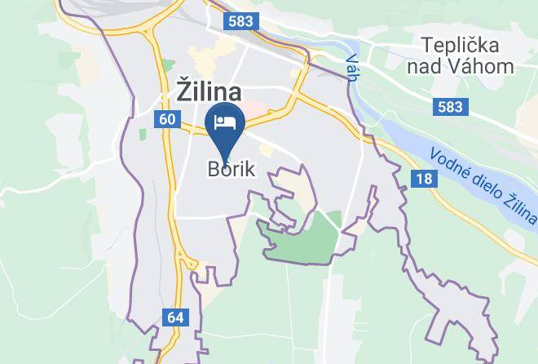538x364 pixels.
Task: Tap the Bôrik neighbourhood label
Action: [231, 170]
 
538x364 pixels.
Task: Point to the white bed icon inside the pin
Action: [226, 123]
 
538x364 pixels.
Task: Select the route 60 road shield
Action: [166, 120]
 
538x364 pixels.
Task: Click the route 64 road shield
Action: [175, 317]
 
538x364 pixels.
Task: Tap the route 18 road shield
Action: [422, 179]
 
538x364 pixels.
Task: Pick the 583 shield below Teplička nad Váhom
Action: [449, 107]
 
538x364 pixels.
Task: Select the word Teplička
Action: [460, 44]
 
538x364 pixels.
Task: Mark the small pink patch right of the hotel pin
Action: [257, 109]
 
